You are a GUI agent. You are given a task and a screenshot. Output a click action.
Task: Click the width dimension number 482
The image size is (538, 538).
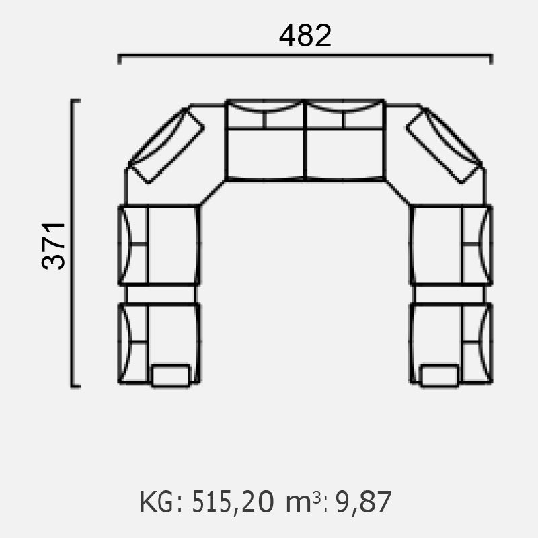[305, 36]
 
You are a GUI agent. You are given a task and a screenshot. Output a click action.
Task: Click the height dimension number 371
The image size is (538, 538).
[53, 245]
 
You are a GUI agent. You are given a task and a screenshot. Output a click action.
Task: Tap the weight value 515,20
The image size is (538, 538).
[233, 502]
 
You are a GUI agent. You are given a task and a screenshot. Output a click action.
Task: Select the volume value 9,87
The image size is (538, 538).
[363, 502]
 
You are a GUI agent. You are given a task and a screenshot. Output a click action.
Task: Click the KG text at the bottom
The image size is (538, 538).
[157, 502]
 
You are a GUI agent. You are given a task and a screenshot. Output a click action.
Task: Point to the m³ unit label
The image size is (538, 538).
[303, 502]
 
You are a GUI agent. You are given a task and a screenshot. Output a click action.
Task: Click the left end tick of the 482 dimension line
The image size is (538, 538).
[120, 59]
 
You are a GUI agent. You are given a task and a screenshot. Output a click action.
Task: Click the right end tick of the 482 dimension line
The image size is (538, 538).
[491, 59]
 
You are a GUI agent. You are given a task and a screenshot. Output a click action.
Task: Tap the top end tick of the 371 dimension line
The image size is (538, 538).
[75, 100]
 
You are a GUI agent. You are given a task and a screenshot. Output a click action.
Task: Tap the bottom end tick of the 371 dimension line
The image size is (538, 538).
[75, 386]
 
